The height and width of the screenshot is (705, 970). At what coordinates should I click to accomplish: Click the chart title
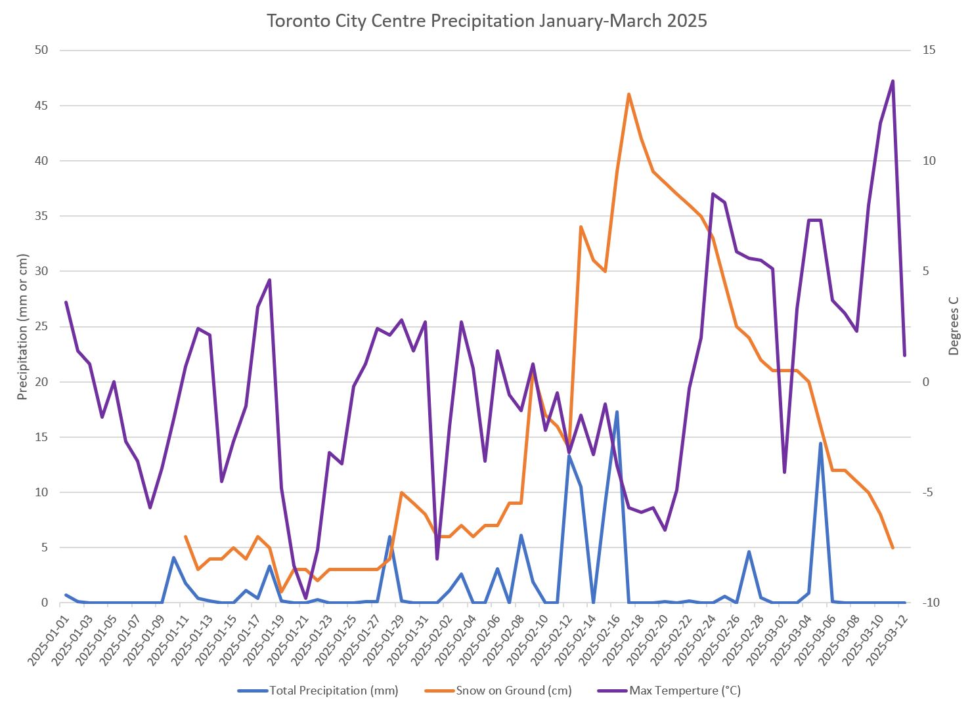pyautogui.click(x=486, y=21)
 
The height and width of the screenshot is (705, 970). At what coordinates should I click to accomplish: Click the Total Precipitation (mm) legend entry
pyautogui.click(x=334, y=691)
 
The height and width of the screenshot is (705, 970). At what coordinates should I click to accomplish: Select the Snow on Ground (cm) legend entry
pyautogui.click(x=514, y=691)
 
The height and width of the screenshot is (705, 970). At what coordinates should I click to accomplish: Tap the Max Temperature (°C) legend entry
pyautogui.click(x=684, y=691)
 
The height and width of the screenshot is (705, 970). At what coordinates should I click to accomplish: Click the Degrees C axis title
pyautogui.click(x=954, y=326)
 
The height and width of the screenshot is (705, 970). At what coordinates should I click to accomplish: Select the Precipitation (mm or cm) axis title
pyautogui.click(x=23, y=326)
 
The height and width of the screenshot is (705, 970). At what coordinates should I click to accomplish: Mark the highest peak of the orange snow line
pyautogui.click(x=628, y=95)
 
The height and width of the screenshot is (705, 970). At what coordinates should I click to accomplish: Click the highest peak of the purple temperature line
pyautogui.click(x=893, y=81)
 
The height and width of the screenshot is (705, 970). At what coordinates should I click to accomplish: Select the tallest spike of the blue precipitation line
pyautogui.click(x=617, y=412)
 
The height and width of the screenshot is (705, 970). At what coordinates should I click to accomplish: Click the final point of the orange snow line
pyautogui.click(x=893, y=547)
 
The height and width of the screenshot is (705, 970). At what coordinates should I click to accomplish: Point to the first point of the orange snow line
pyautogui.click(x=185, y=536)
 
